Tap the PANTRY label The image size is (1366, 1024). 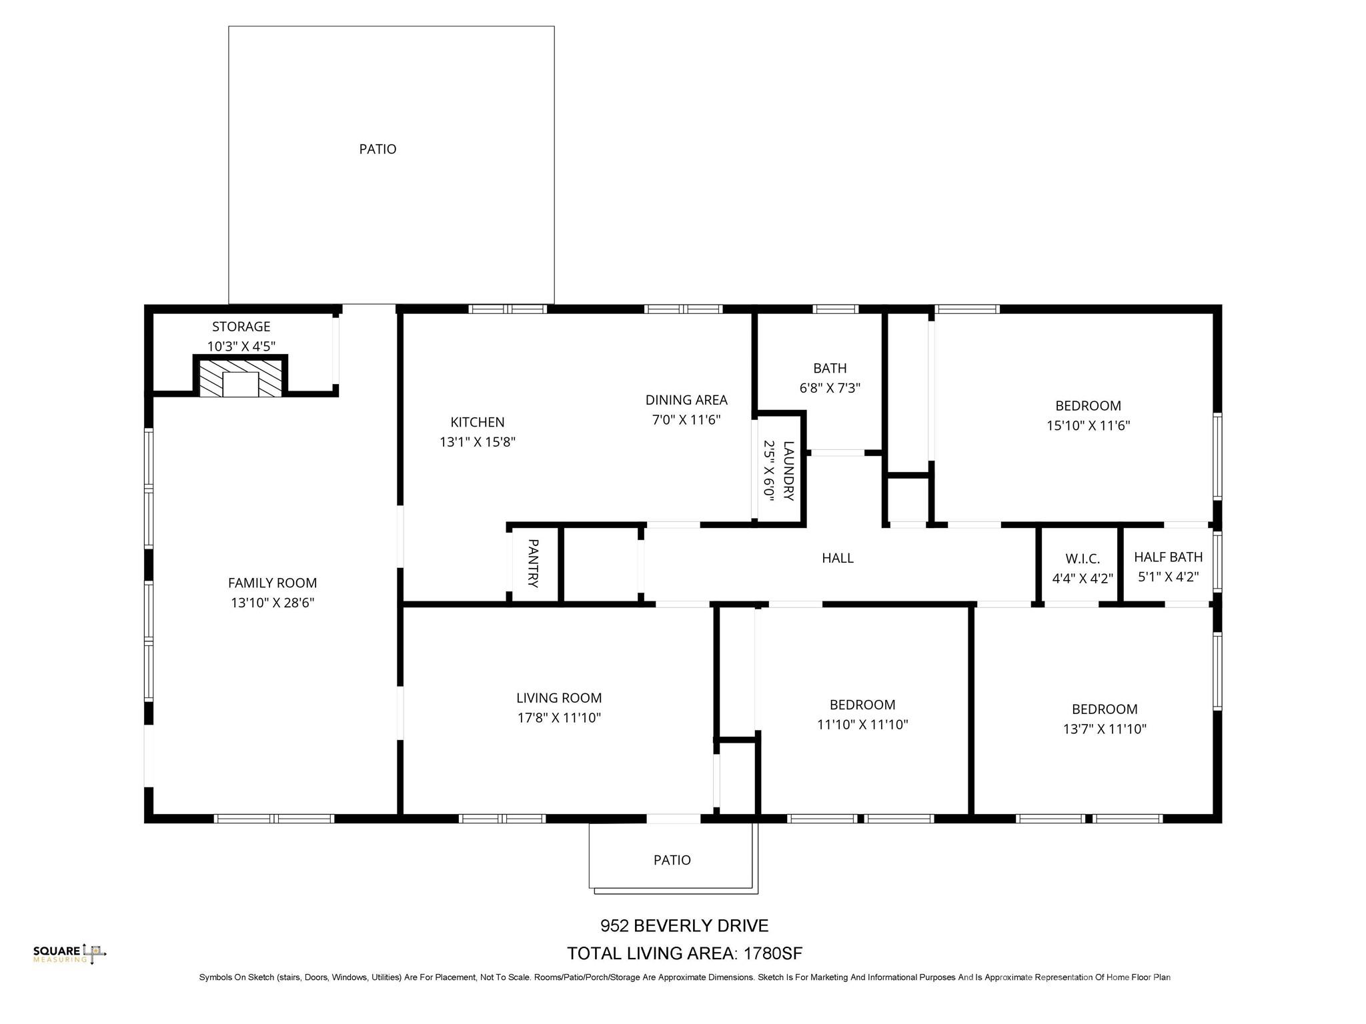click(533, 563)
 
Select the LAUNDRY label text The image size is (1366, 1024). click(788, 471)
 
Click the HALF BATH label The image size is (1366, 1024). click(1168, 557)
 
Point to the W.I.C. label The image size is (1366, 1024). click(1082, 559)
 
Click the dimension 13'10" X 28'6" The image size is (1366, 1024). click(272, 603)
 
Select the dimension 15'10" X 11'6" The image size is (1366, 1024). click(1088, 425)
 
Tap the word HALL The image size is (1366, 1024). click(837, 559)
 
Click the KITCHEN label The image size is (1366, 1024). click(477, 422)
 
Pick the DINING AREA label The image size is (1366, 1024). click(686, 400)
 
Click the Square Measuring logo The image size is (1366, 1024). click(69, 953)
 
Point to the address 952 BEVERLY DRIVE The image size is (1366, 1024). click(684, 926)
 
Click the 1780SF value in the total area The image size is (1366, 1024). click(772, 953)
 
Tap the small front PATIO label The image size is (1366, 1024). click(672, 860)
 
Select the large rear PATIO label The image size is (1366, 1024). click(378, 149)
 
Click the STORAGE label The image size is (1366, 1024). click(241, 327)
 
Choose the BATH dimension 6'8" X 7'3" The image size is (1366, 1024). click(830, 388)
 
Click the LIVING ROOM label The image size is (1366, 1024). click(558, 698)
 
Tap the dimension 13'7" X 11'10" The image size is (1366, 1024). click(1104, 729)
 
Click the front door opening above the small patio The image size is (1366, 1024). click(673, 818)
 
